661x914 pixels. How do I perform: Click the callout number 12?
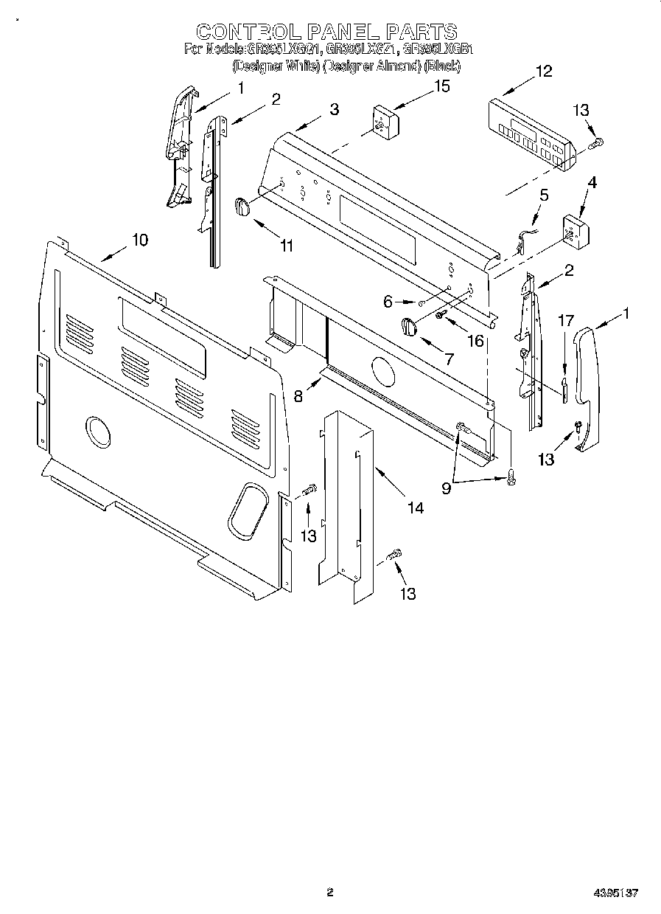pos(544,72)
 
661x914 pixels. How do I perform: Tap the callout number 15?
pos(441,86)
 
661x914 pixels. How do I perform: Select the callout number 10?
pos(139,240)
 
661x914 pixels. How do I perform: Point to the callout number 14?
pos(416,508)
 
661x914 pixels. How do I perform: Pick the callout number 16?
pos(476,341)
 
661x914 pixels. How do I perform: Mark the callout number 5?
pos(545,195)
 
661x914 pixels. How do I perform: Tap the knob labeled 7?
pos(408,325)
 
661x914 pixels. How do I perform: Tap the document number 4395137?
pos(615,893)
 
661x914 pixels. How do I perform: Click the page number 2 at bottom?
pos(330,893)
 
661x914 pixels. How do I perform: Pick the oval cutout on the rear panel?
pos(246,508)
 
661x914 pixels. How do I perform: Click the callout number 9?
pos(447,488)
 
